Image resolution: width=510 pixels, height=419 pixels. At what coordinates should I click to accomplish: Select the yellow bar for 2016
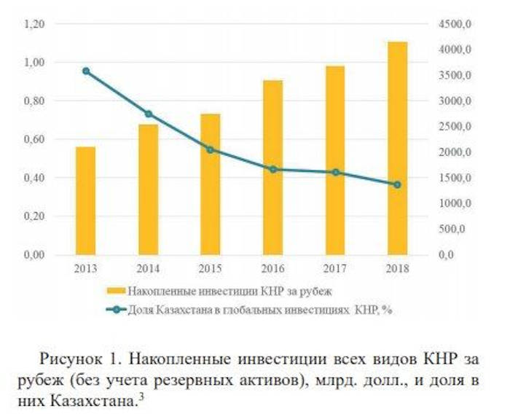click(273, 167)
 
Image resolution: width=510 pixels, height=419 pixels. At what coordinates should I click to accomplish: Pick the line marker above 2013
click(86, 71)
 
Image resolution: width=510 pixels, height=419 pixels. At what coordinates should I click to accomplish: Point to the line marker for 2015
click(211, 149)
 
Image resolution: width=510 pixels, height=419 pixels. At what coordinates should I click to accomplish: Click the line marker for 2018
click(398, 184)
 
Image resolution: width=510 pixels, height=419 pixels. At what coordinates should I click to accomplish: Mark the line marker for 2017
click(336, 173)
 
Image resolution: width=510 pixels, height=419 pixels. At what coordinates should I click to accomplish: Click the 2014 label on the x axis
click(148, 267)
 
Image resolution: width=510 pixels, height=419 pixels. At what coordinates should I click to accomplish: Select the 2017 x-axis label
click(336, 267)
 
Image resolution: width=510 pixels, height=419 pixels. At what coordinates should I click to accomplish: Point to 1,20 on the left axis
click(34, 24)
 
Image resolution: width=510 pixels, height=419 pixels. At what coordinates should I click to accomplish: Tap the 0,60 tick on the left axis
click(34, 139)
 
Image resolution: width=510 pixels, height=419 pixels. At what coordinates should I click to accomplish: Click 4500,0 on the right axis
click(457, 24)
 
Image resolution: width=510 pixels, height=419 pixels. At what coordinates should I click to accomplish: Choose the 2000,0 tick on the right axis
click(457, 152)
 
